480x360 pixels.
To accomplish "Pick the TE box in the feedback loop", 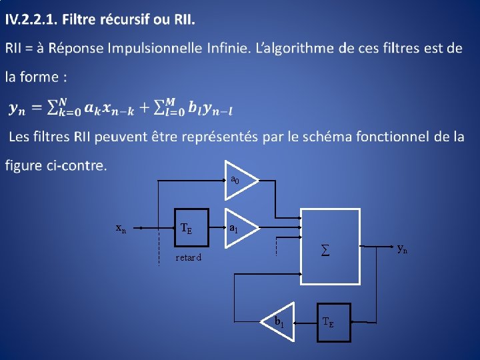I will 333,322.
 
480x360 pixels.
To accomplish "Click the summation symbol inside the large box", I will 325,251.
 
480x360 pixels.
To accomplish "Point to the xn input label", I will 121,228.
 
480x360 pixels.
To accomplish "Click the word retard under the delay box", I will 188,257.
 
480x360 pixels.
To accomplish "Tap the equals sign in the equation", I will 39,107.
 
